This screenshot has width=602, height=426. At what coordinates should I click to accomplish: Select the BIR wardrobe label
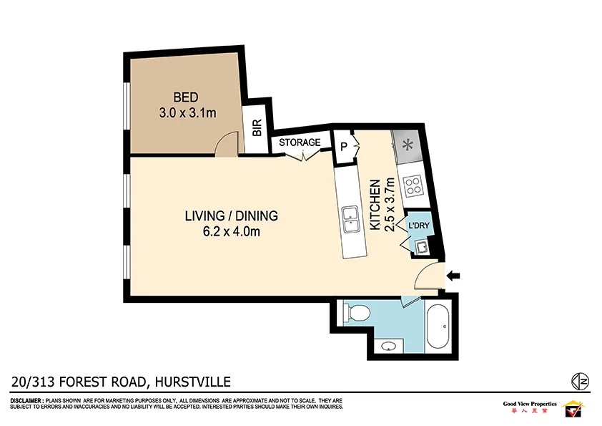(x=257, y=127)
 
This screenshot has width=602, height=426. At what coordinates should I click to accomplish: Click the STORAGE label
(x=300, y=142)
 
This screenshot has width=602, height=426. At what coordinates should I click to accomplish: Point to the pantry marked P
(x=343, y=147)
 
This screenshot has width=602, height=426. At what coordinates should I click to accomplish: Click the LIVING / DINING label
(x=231, y=216)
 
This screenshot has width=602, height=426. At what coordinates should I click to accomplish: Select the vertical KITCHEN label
(x=373, y=205)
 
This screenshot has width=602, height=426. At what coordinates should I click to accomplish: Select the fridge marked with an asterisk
(x=408, y=145)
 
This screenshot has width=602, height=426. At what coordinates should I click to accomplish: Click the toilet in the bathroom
(x=355, y=312)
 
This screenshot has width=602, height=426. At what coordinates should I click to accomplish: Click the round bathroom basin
(x=388, y=347)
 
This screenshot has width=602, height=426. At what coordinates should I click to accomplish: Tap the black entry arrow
(x=455, y=274)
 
